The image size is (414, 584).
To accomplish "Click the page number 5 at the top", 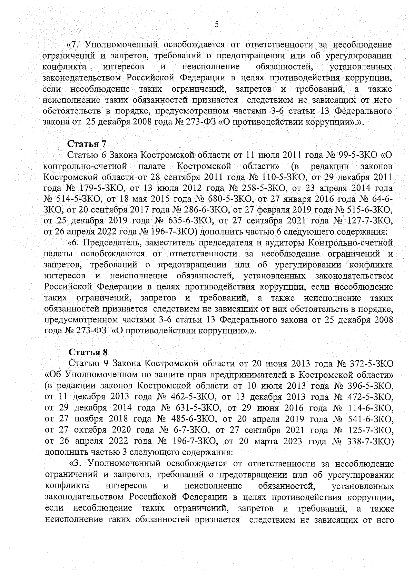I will point(216,24).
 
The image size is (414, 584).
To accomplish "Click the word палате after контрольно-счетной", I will point(152,166).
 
